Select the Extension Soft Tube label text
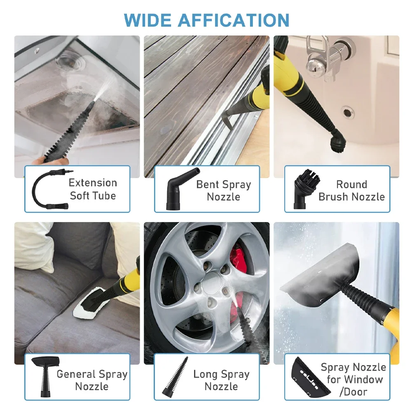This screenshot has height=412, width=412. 93,189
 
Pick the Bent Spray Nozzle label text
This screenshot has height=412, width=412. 223,191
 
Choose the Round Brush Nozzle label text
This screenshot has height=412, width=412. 351,191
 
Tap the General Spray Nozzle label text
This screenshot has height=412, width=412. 92,380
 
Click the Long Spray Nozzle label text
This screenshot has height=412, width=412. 221,380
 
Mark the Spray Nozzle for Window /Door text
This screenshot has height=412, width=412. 353,379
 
